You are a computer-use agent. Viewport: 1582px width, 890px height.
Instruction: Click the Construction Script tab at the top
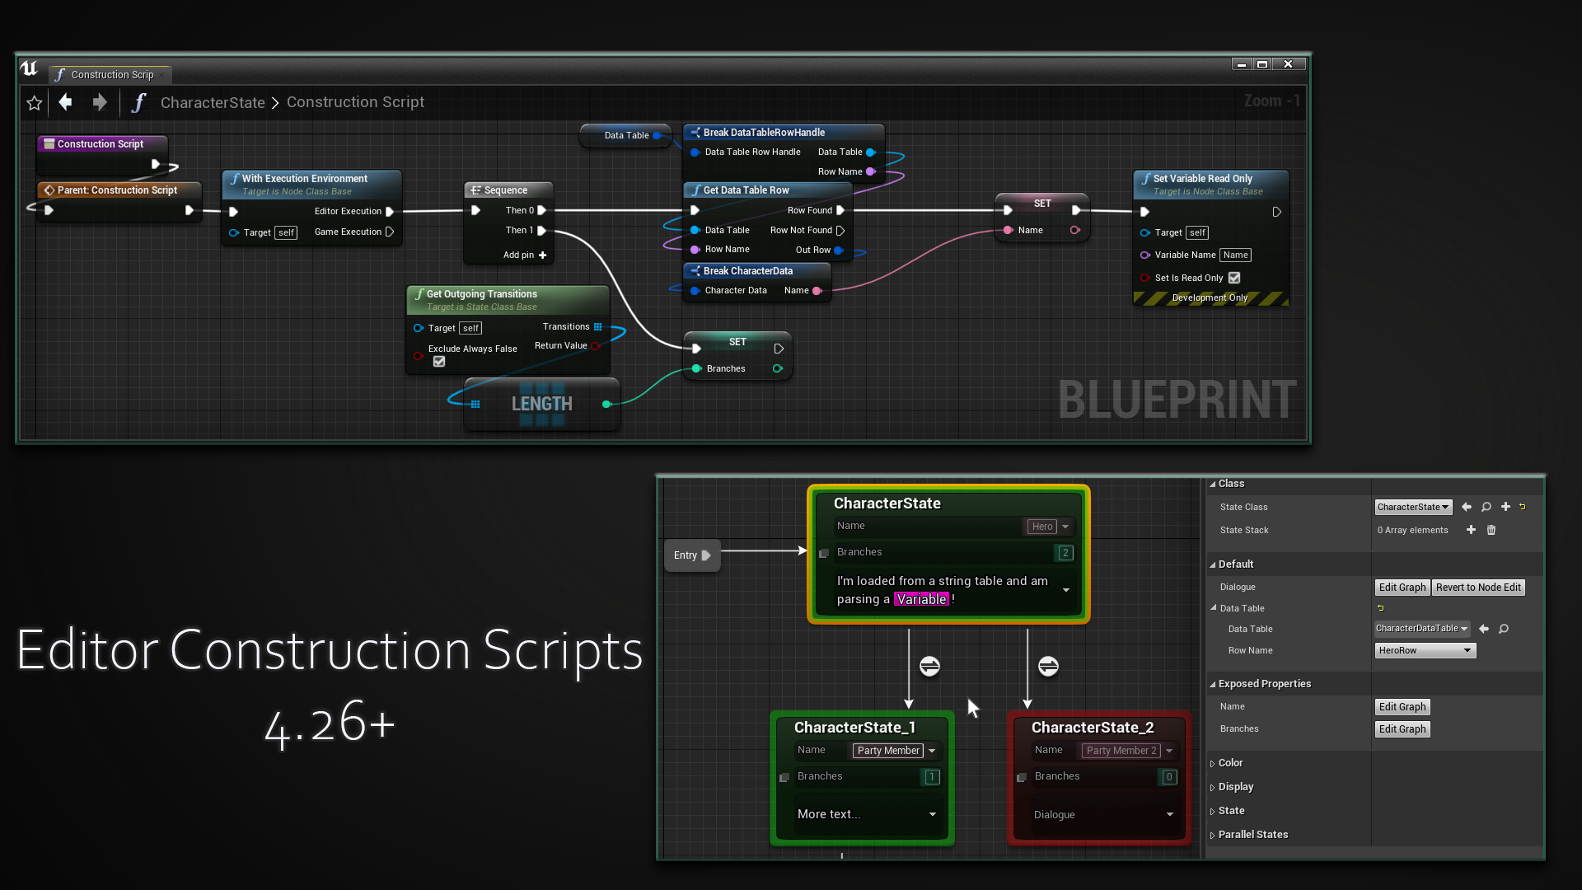pos(111,75)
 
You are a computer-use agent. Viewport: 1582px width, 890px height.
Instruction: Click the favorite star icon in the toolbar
pos(35,103)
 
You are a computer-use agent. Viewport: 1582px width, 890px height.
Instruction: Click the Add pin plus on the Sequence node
pos(542,255)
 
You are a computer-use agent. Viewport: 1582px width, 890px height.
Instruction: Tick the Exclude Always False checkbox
pos(439,362)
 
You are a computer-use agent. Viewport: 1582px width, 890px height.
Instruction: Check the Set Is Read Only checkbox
pos(1234,279)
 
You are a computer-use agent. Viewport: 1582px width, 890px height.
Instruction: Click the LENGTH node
pos(541,404)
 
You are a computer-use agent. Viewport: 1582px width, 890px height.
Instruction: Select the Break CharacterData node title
pos(747,271)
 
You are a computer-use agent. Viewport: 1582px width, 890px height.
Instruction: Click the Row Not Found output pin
pos(840,231)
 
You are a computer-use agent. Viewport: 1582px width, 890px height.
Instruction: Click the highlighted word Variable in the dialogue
pos(921,599)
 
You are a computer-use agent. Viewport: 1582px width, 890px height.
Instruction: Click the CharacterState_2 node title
pos(1092,728)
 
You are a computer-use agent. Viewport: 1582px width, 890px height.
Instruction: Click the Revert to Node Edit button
pos(1478,588)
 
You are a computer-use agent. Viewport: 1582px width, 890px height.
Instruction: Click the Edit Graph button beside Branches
pos(1402,729)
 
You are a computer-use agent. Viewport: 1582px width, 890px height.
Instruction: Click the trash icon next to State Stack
pos(1491,531)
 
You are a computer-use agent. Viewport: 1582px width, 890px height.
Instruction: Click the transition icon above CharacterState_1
pos(929,666)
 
